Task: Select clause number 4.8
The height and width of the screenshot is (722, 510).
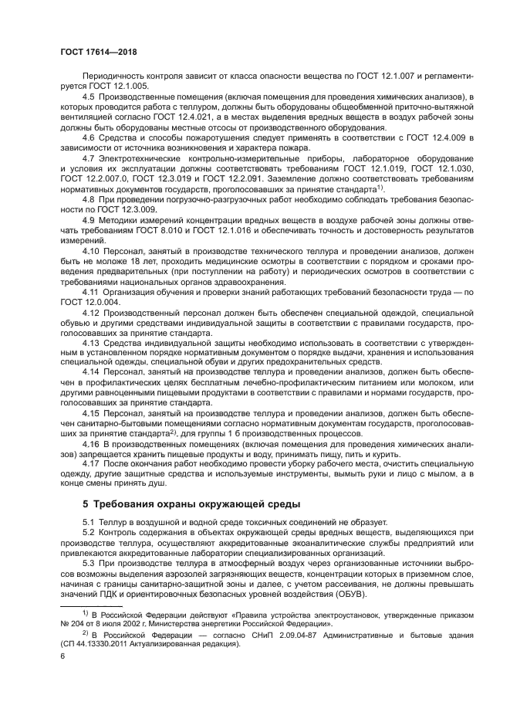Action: [90, 198]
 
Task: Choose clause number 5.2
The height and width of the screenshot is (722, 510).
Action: [90, 532]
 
